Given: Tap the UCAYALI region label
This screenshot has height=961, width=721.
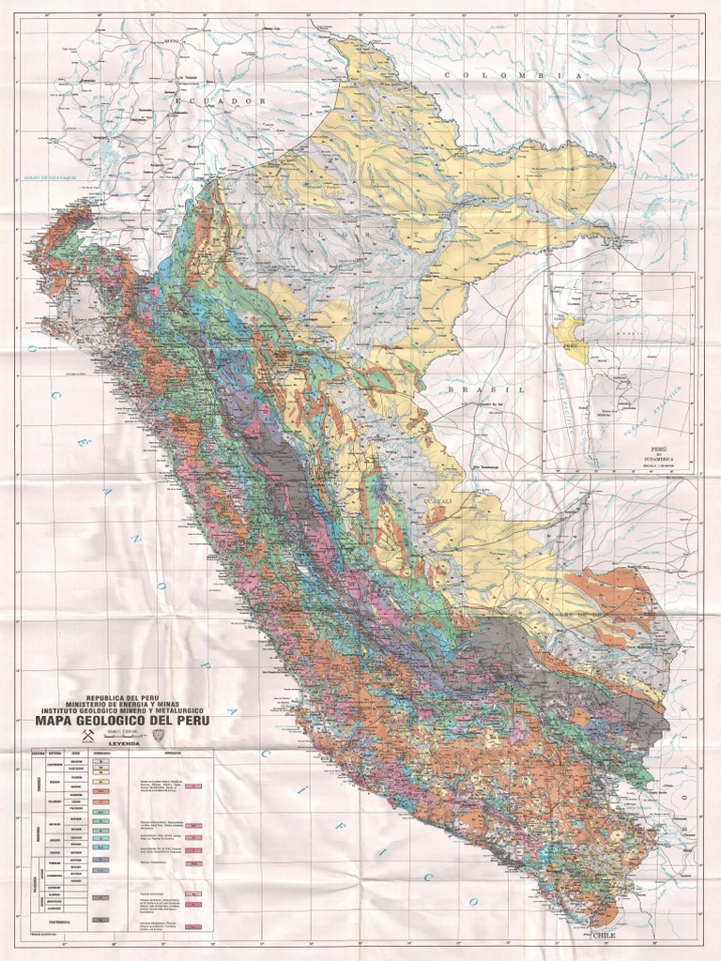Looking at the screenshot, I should click(437, 503).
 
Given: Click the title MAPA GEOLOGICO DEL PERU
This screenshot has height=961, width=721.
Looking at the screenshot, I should click(122, 721).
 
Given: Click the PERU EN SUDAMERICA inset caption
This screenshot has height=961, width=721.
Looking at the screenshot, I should click(619, 456).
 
